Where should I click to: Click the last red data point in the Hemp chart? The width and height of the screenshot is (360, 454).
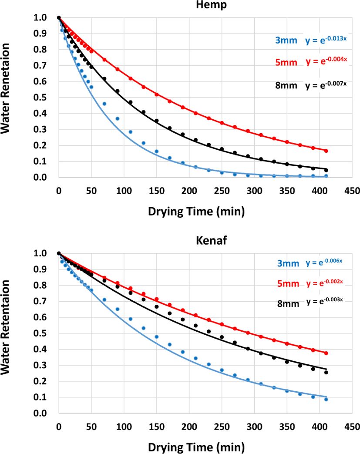pyautogui.click(x=326, y=151)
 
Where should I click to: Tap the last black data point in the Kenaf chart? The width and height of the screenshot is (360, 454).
pyautogui.click(x=326, y=372)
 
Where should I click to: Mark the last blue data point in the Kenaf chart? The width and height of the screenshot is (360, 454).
pyautogui.click(x=326, y=399)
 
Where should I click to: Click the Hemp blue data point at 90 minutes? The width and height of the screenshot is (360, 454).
pyautogui.click(x=117, y=118)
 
